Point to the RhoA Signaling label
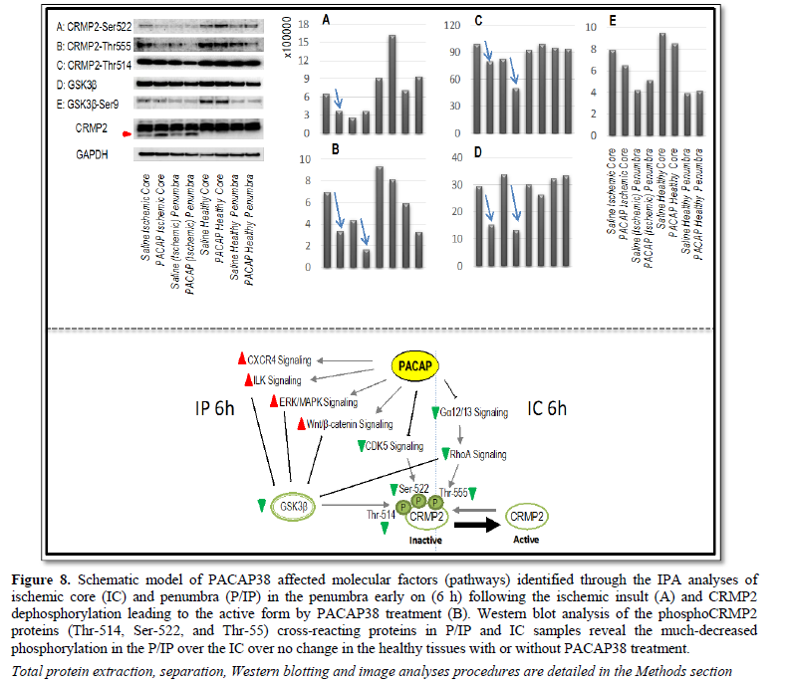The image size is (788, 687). [477, 454]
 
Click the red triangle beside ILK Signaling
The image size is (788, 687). [247, 379]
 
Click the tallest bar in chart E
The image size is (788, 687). [662, 83]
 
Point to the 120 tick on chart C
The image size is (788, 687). [456, 23]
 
